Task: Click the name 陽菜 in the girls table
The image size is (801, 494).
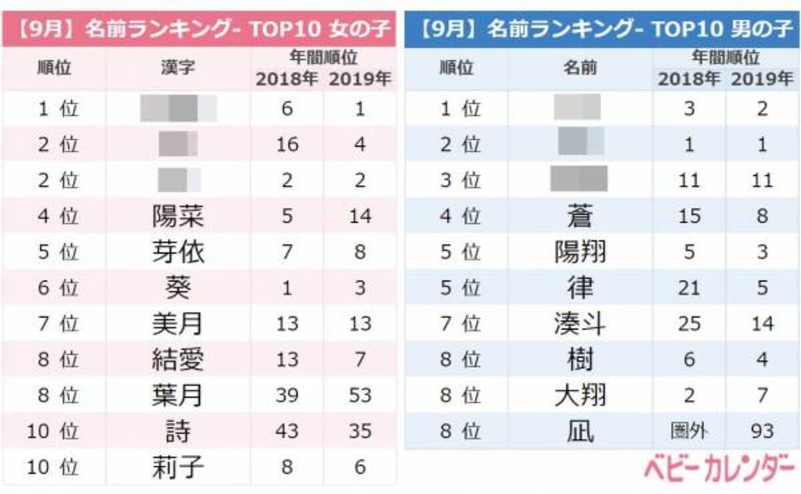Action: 178,216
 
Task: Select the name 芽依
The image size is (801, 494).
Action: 178,252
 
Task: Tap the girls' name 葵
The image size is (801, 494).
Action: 178,288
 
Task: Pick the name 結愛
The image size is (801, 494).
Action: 178,360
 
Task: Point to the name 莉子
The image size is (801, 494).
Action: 178,467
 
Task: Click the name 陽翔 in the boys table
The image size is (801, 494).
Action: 579,252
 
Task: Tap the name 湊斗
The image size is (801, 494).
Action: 579,324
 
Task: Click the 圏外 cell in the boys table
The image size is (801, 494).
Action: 689,431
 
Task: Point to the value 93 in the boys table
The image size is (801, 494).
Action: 762,431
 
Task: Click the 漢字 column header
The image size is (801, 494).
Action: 178,68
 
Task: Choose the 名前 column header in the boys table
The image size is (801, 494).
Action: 579,68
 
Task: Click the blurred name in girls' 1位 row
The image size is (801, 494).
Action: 178,108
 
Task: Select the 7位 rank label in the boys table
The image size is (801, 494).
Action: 460,324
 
